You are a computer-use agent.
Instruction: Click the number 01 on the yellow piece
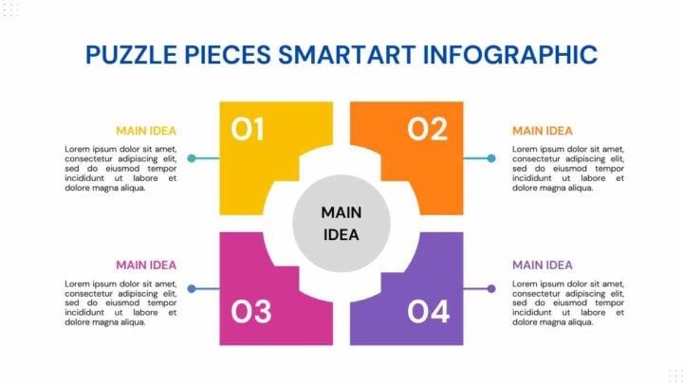click(x=247, y=129)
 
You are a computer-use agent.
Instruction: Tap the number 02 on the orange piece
click(x=427, y=129)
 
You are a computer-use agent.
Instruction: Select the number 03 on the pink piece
click(x=250, y=311)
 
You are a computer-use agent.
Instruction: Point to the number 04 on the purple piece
click(x=428, y=311)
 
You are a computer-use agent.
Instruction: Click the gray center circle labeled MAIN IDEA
click(x=341, y=224)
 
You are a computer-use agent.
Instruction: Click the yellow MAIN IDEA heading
click(x=146, y=131)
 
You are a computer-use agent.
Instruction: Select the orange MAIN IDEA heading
click(x=543, y=131)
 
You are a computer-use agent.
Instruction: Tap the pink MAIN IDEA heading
click(x=146, y=265)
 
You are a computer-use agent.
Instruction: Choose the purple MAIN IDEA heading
click(x=543, y=265)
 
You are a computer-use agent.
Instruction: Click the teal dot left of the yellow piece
click(x=192, y=158)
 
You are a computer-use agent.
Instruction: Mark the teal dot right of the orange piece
click(x=491, y=158)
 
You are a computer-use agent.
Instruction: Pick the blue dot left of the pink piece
click(x=192, y=288)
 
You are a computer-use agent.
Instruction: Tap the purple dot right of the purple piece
click(x=491, y=288)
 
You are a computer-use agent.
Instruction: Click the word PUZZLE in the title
click(x=131, y=55)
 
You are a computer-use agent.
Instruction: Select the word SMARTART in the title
click(x=347, y=55)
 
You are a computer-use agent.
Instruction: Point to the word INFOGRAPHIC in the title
click(x=510, y=55)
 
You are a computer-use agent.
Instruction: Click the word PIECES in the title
click(x=228, y=55)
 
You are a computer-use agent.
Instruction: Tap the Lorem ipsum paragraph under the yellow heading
click(x=120, y=169)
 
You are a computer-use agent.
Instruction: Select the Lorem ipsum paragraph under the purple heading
click(x=568, y=303)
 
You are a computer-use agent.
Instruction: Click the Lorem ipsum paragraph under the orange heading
click(x=568, y=169)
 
